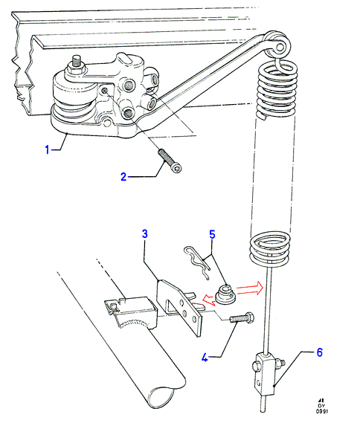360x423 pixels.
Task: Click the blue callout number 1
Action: coord(47,149)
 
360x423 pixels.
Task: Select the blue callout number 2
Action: coord(123,177)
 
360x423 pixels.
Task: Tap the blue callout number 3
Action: coord(145,233)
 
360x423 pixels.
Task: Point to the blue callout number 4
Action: coord(205,358)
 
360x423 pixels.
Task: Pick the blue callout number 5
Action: coord(213,234)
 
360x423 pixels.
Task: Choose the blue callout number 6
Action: coord(320,352)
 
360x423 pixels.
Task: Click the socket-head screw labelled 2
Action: coord(170,161)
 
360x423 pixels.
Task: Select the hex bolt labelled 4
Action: coord(241,317)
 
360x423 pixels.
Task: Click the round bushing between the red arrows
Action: coord(225,294)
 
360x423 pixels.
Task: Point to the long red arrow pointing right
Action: coord(250,288)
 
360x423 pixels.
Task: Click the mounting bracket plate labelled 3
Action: coord(179,307)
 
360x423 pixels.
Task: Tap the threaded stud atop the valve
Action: coord(77,62)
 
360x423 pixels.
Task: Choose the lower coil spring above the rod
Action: coord(270,251)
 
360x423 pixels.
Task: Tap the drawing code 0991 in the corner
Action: coord(321,411)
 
